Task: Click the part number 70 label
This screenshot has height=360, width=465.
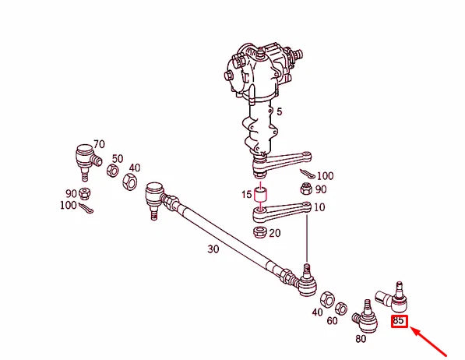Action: pyautogui.click(x=99, y=144)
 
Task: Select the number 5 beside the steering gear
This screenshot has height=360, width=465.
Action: pyautogui.click(x=279, y=111)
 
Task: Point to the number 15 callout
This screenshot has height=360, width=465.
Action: pyautogui.click(x=246, y=194)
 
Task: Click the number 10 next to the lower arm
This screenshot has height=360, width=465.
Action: pyautogui.click(x=319, y=207)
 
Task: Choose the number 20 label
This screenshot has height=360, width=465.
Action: pyautogui.click(x=276, y=233)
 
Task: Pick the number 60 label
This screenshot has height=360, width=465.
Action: pyautogui.click(x=333, y=321)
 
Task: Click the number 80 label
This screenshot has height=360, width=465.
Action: pyautogui.click(x=361, y=339)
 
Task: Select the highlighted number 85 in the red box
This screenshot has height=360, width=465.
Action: pyautogui.click(x=399, y=320)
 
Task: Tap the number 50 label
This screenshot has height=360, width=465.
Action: pyautogui.click(x=118, y=158)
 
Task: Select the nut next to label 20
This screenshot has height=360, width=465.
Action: pyautogui.click(x=260, y=231)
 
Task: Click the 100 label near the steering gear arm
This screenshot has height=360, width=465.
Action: pyautogui.click(x=325, y=176)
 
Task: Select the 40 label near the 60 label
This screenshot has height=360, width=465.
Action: pyautogui.click(x=317, y=312)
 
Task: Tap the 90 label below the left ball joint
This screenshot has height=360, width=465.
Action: pyautogui.click(x=71, y=193)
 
